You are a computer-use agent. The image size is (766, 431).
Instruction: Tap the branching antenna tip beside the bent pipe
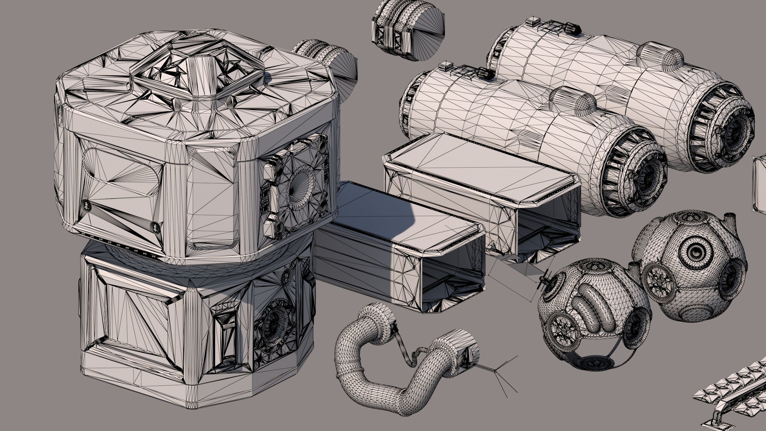click(x=495, y=371)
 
